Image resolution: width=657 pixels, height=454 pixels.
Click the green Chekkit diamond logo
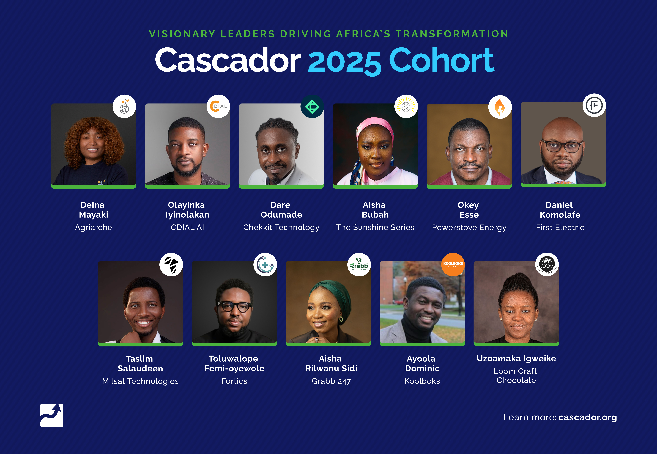coord(312,107)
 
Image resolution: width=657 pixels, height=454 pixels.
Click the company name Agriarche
coord(94,227)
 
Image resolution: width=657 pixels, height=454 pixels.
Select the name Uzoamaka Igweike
coord(516,358)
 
